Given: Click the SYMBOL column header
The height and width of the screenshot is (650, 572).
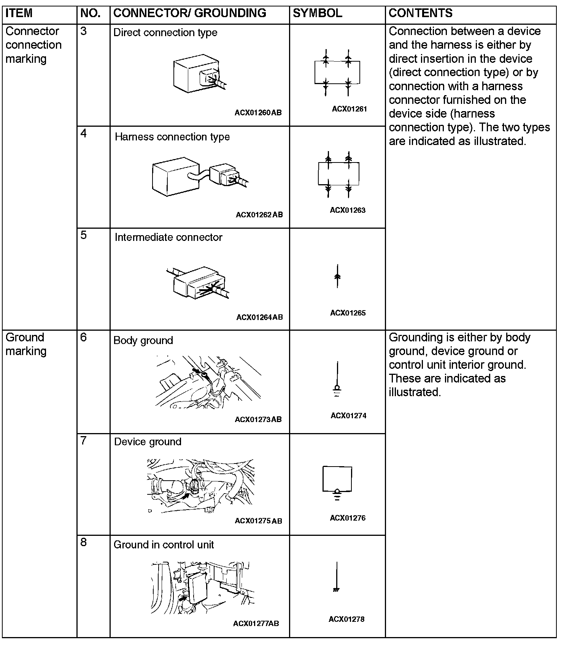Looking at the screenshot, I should [317, 13].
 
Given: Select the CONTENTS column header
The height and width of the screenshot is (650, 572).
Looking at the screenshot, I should [420, 13].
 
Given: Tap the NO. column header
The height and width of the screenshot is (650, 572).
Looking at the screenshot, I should [91, 13].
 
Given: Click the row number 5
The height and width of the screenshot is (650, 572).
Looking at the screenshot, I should [84, 235].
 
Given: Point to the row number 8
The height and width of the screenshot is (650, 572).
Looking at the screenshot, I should [84, 542].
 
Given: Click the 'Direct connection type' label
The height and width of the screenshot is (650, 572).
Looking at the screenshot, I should [165, 33].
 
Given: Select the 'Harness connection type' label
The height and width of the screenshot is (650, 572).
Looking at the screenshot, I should [172, 137].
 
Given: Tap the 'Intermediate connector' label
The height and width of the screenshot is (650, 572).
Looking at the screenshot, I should [168, 237].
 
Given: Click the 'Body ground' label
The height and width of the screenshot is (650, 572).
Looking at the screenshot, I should [143, 341].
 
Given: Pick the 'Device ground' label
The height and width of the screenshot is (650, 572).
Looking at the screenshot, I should [148, 442].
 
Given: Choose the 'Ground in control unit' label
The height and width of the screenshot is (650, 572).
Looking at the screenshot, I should [164, 545].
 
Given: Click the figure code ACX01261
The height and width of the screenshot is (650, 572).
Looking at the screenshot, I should [349, 109].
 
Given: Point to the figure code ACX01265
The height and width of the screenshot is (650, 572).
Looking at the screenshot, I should [348, 313].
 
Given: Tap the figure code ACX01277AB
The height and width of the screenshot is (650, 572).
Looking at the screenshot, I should [256, 623].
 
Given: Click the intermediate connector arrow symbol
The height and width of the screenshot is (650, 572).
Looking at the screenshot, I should [337, 276].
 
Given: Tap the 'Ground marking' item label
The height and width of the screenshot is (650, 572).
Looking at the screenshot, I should [26, 344].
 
